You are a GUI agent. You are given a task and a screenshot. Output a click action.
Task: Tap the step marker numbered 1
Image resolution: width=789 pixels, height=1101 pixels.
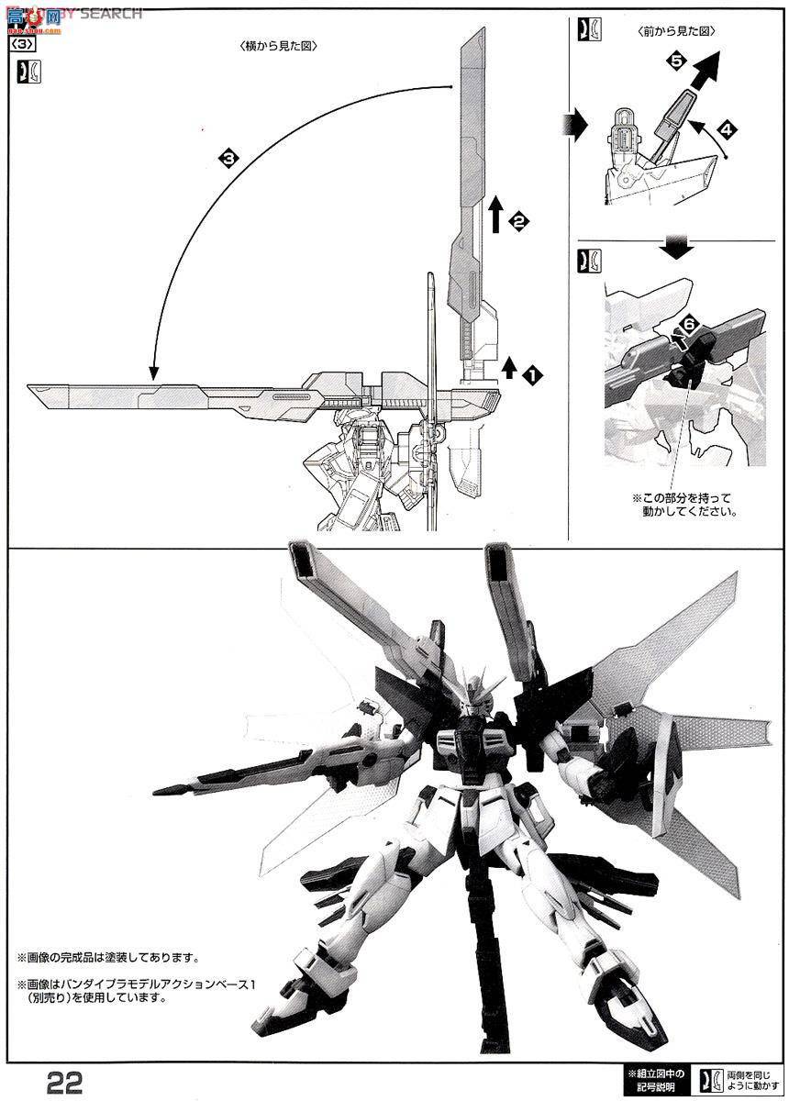[530, 373]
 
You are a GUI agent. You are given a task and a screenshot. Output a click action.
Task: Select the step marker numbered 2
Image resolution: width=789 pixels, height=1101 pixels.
[518, 219]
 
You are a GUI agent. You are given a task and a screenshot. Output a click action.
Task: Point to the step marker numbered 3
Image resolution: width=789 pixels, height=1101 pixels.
[228, 158]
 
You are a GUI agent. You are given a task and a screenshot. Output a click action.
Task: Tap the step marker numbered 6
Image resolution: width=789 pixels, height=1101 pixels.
[690, 325]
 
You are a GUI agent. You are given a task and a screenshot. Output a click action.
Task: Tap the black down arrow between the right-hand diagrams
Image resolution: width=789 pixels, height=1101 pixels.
[676, 243]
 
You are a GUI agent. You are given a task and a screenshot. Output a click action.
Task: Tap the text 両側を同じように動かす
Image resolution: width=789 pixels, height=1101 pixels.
[748, 1079]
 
